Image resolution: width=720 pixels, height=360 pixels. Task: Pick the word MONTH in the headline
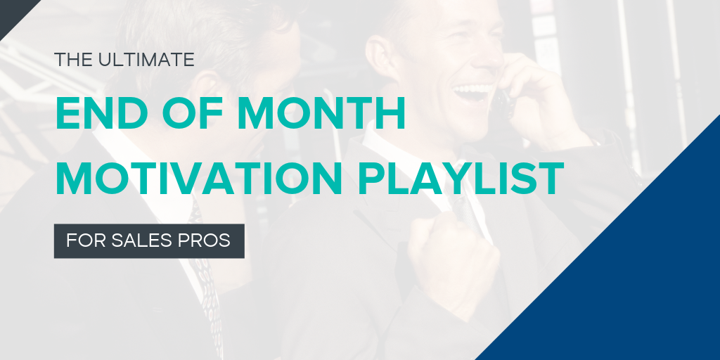click(x=321, y=112)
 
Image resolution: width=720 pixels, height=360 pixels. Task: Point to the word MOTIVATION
click(x=199, y=179)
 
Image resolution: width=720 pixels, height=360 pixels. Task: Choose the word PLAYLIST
click(x=461, y=179)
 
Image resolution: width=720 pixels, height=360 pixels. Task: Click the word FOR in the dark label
click(x=85, y=241)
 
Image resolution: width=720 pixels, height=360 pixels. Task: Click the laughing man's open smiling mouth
click(x=473, y=91)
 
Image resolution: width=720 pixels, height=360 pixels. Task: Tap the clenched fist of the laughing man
click(x=452, y=267)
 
